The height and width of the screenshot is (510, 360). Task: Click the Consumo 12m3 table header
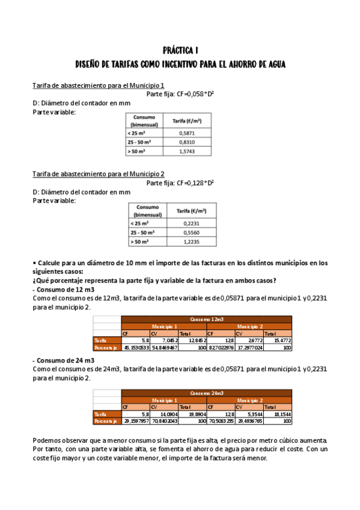coord(206,319)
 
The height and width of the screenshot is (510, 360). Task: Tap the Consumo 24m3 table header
coord(206,393)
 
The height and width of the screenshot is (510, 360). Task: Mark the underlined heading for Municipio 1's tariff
coord(99,85)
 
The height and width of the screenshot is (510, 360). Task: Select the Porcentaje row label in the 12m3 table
coord(106,348)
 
